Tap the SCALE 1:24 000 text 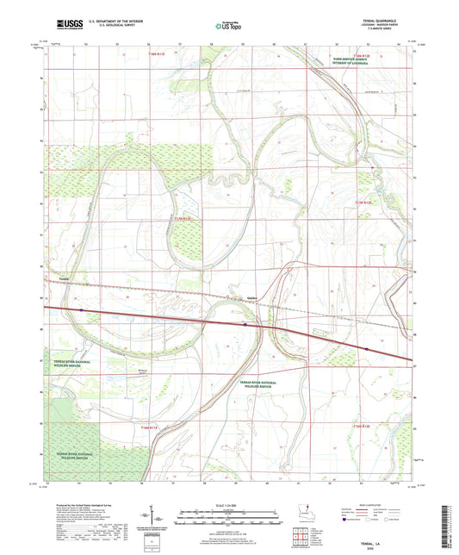[x=229, y=503]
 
